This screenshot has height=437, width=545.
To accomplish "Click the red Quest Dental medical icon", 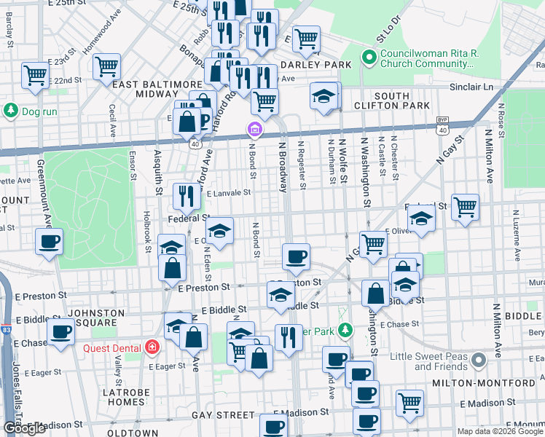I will tap(151, 347).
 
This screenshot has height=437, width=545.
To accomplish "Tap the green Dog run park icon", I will tap(11, 111).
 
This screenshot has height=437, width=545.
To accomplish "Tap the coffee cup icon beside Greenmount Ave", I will tap(49, 242).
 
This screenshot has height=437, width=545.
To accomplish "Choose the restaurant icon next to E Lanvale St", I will tap(187, 195).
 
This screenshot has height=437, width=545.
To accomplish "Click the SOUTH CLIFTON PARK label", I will tap(402, 101).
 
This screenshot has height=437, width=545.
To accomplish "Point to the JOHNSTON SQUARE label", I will tap(92, 318).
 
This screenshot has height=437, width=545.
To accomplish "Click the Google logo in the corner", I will tap(24, 428).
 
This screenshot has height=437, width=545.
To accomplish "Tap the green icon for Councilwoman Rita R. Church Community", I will tap(369, 57).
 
